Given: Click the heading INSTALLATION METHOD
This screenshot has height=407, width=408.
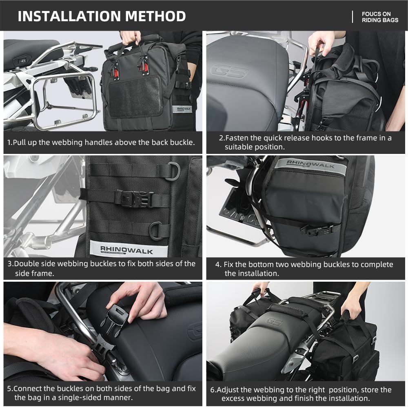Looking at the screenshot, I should tap(102, 16).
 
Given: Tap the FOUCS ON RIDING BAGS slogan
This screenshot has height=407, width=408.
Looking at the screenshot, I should tap(379, 17).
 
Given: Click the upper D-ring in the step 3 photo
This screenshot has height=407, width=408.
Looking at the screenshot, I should tap(173, 171).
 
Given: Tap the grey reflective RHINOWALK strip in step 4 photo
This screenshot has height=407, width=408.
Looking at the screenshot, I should tap(310, 166).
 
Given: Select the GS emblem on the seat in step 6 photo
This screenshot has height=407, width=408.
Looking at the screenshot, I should tap(274, 322).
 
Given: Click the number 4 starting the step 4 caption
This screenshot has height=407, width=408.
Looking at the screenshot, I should tap(218, 265).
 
